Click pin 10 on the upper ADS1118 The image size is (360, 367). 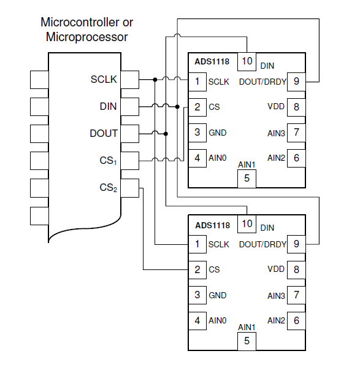pos(247,61)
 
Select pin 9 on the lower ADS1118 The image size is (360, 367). pos(296,244)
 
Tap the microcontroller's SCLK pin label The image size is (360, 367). pos(104,79)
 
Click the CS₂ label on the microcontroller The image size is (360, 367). pos(108,188)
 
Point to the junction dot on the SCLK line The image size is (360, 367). pos(155,80)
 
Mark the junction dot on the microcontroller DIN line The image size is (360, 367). pos(177,107)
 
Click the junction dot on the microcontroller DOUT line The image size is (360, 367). pos(166,134)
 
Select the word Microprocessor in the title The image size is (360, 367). pos(87,37)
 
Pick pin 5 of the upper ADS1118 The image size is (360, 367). pos(247,179)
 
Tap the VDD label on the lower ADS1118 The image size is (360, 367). pos(276,269)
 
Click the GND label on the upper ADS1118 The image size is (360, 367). pos(218,133)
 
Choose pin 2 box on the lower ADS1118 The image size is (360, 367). pos(197,269)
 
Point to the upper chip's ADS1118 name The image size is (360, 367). pos(212,61)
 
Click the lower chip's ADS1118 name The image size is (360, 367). pos(212,225)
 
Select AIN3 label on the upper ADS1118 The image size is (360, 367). pos(276,133)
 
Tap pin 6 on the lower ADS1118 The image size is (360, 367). pos(296,320)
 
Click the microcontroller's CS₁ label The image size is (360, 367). pos(108,161)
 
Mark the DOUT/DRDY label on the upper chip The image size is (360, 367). pos(262,82)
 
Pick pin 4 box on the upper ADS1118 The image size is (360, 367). pos(197,158)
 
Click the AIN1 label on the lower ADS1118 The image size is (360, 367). pos(247,327)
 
